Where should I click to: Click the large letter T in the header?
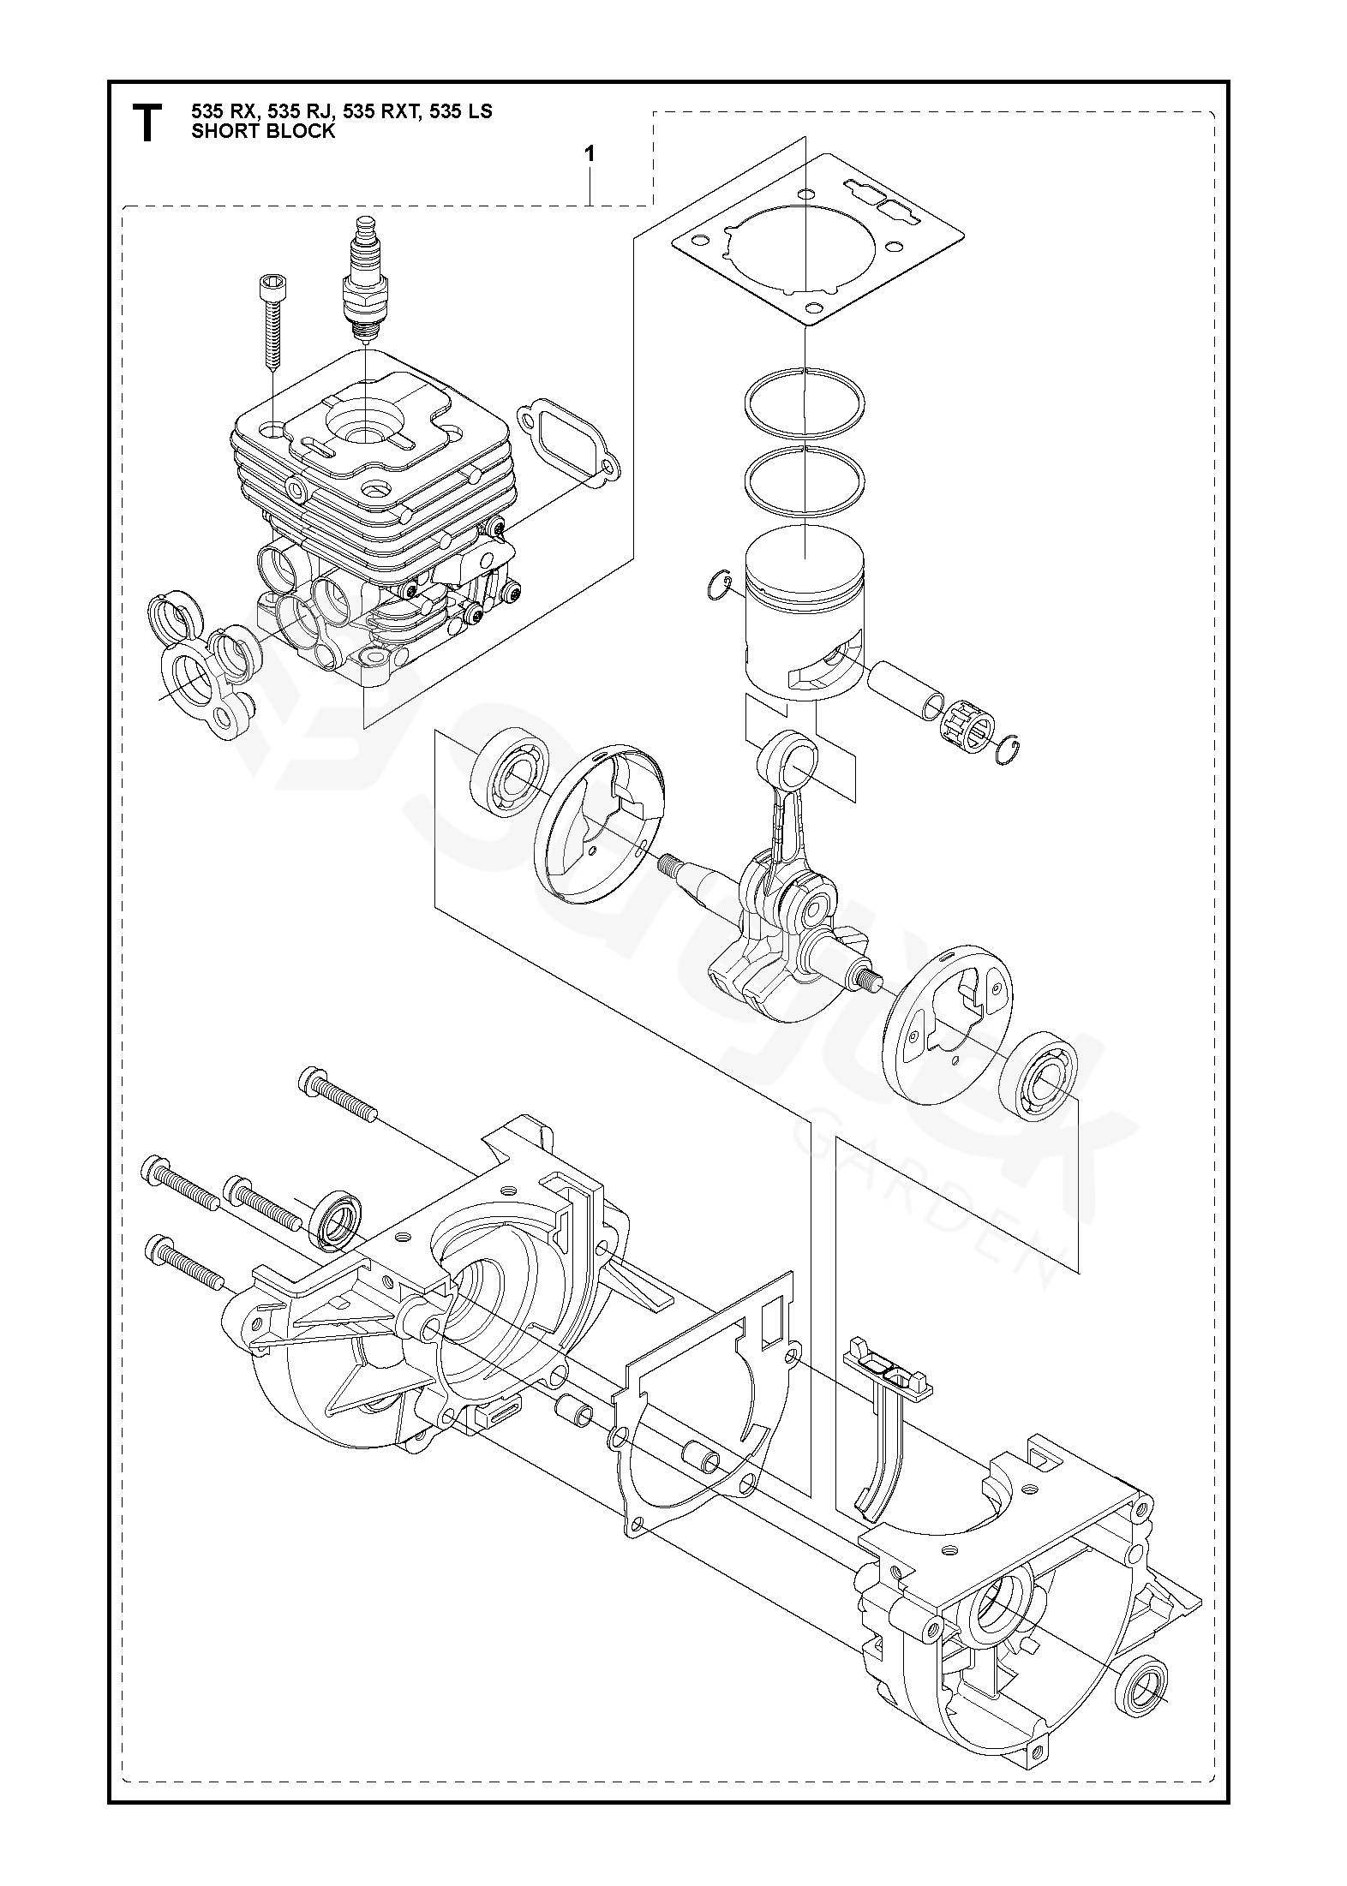(147, 122)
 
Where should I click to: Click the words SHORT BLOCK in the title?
(263, 132)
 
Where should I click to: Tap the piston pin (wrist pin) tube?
(906, 695)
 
